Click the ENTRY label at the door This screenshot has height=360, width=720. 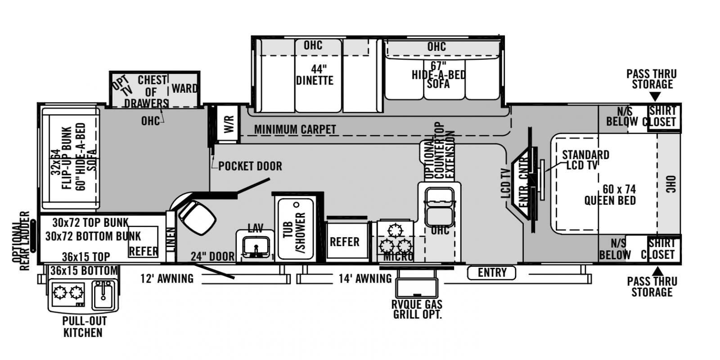[492, 273]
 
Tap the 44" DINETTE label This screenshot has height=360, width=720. [315, 75]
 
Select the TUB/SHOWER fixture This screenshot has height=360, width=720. [295, 229]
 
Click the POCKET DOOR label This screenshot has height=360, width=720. [250, 166]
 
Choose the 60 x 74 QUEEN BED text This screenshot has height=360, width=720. [610, 195]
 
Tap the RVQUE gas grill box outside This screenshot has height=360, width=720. [417, 288]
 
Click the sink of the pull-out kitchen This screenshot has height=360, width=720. [103, 294]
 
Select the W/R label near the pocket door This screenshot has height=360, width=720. [229, 124]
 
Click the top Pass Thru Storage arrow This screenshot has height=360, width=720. [655, 96]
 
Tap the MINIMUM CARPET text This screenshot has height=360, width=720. [295, 130]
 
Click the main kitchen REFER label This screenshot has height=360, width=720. [345, 242]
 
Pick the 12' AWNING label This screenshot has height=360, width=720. [167, 279]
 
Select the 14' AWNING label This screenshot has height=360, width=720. [365, 279]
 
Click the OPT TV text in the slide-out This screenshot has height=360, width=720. [122, 86]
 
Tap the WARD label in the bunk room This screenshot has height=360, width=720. [184, 88]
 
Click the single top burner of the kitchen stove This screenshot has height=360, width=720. [395, 230]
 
